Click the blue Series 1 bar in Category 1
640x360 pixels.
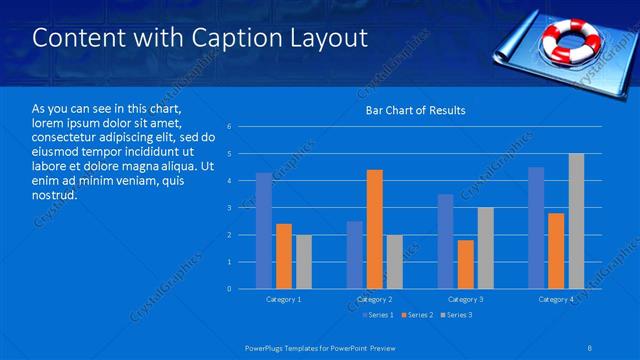pyautogui.click(x=263, y=231)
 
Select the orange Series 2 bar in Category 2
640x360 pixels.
pyautogui.click(x=375, y=229)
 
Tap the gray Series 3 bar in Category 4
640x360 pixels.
pyautogui.click(x=576, y=221)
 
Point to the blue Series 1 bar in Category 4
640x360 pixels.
pyautogui.click(x=536, y=228)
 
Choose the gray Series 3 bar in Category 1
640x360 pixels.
pyautogui.click(x=303, y=262)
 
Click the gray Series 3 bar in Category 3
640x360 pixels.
pyautogui.click(x=485, y=248)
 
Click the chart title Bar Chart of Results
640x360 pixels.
pyautogui.click(x=415, y=110)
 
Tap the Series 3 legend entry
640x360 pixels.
pyautogui.click(x=455, y=316)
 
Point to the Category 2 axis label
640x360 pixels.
pyautogui.click(x=375, y=300)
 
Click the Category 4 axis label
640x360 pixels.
pyautogui.click(x=556, y=300)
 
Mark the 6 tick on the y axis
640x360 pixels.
pyautogui.click(x=230, y=127)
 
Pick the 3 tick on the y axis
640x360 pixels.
pyautogui.click(x=230, y=208)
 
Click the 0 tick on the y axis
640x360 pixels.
pyautogui.click(x=230, y=289)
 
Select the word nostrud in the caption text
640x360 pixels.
pyautogui.click(x=51, y=195)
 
